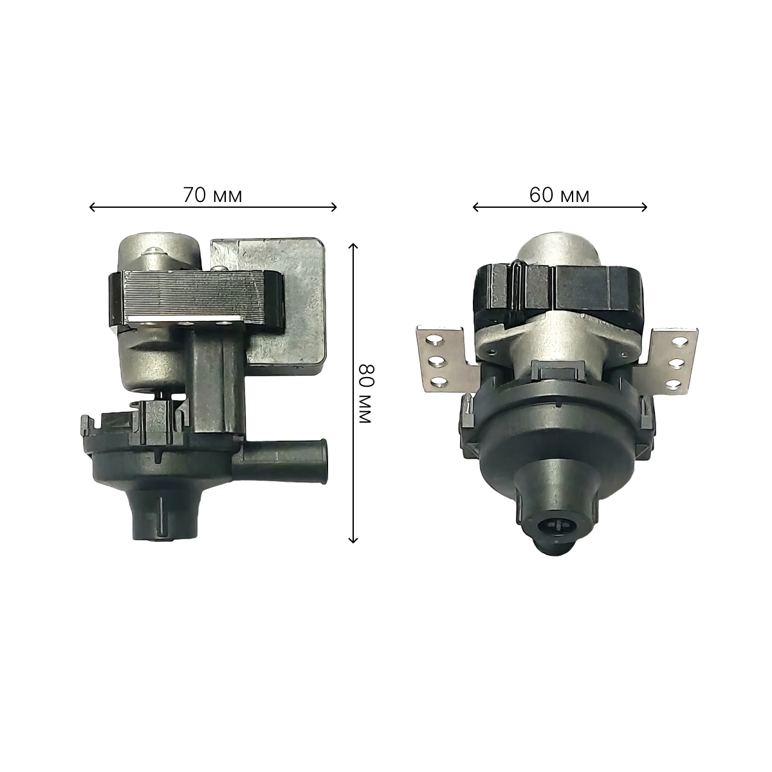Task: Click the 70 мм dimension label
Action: (213, 196)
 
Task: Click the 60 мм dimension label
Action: (559, 196)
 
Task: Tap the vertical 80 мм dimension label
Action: (365, 394)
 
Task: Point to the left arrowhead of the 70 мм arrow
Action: (92, 207)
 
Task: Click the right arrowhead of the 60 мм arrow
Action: (644, 207)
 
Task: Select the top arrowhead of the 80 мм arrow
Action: (353, 246)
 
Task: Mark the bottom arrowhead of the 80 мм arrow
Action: (353, 540)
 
